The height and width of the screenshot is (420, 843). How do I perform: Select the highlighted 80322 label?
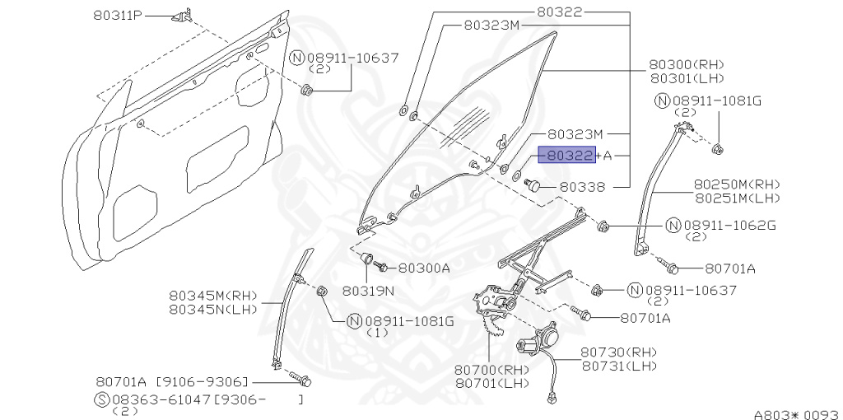pyautogui.click(x=566, y=155)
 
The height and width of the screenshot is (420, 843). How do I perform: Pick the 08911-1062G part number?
pyautogui.click(x=729, y=225)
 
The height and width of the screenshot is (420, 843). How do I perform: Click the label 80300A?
pyautogui.click(x=424, y=268)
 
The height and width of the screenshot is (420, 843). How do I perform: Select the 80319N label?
pyautogui.click(x=368, y=290)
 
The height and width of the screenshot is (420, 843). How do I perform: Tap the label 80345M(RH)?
pyautogui.click(x=213, y=295)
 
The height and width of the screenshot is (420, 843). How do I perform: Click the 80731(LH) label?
pyautogui.click(x=619, y=365)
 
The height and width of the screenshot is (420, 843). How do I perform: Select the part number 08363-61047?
pyautogui.click(x=164, y=399)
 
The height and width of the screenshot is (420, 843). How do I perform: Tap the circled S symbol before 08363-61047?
pyautogui.click(x=102, y=399)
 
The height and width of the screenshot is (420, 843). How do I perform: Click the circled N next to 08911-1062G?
pyautogui.click(x=672, y=225)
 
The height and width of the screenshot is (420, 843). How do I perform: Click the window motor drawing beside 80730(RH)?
pyautogui.click(x=536, y=339)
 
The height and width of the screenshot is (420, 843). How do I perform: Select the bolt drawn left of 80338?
pyautogui.click(x=533, y=186)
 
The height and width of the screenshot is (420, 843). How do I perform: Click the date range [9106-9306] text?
pyautogui.click(x=204, y=382)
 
